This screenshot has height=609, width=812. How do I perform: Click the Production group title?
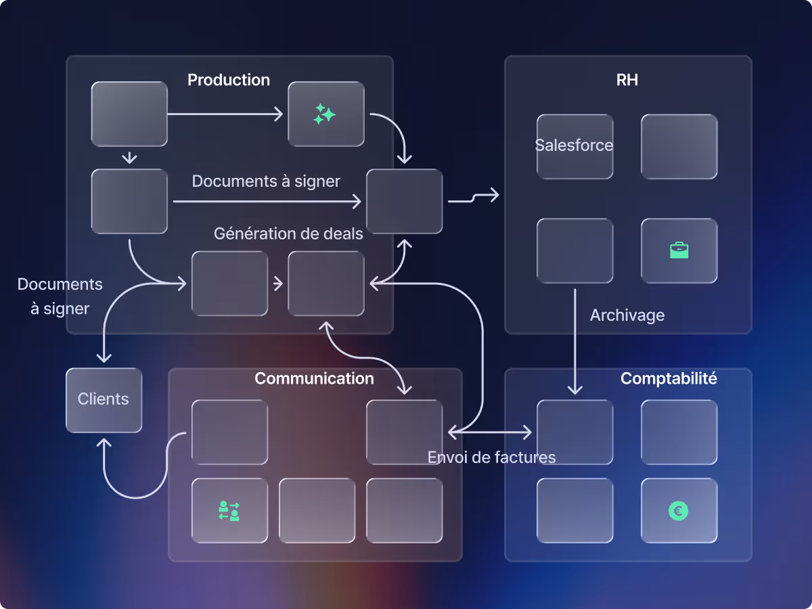pos(229,80)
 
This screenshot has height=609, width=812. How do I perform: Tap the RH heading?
pos(627,80)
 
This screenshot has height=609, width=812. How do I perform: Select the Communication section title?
pos(314,378)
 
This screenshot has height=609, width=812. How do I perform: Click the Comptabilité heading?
pos(669,378)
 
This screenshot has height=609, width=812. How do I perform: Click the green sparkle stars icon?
pos(325,114)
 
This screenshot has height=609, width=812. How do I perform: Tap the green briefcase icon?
pos(679,250)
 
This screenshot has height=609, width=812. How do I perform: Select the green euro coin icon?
pos(679,511)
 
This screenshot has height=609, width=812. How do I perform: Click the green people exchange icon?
pos(229,511)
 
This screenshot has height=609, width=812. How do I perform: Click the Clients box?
pos(104,399)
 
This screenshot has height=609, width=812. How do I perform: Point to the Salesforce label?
pos(574,145)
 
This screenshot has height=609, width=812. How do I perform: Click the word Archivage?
pos(627,315)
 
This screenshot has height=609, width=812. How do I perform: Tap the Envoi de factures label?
pos(491,457)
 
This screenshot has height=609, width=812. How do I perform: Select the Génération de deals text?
pos(288,233)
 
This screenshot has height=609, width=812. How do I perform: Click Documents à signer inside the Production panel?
pos(266,181)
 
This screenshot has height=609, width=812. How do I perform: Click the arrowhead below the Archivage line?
pos(574,390)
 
